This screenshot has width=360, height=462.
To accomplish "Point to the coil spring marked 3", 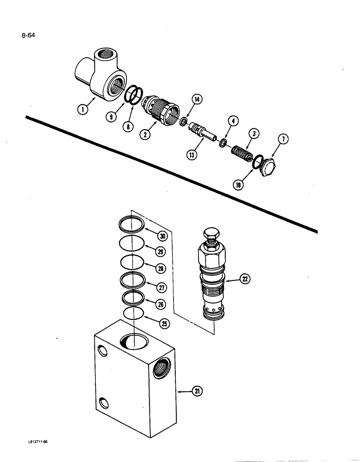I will coord(242,154).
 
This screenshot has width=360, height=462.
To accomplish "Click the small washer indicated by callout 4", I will coord(222,143).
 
